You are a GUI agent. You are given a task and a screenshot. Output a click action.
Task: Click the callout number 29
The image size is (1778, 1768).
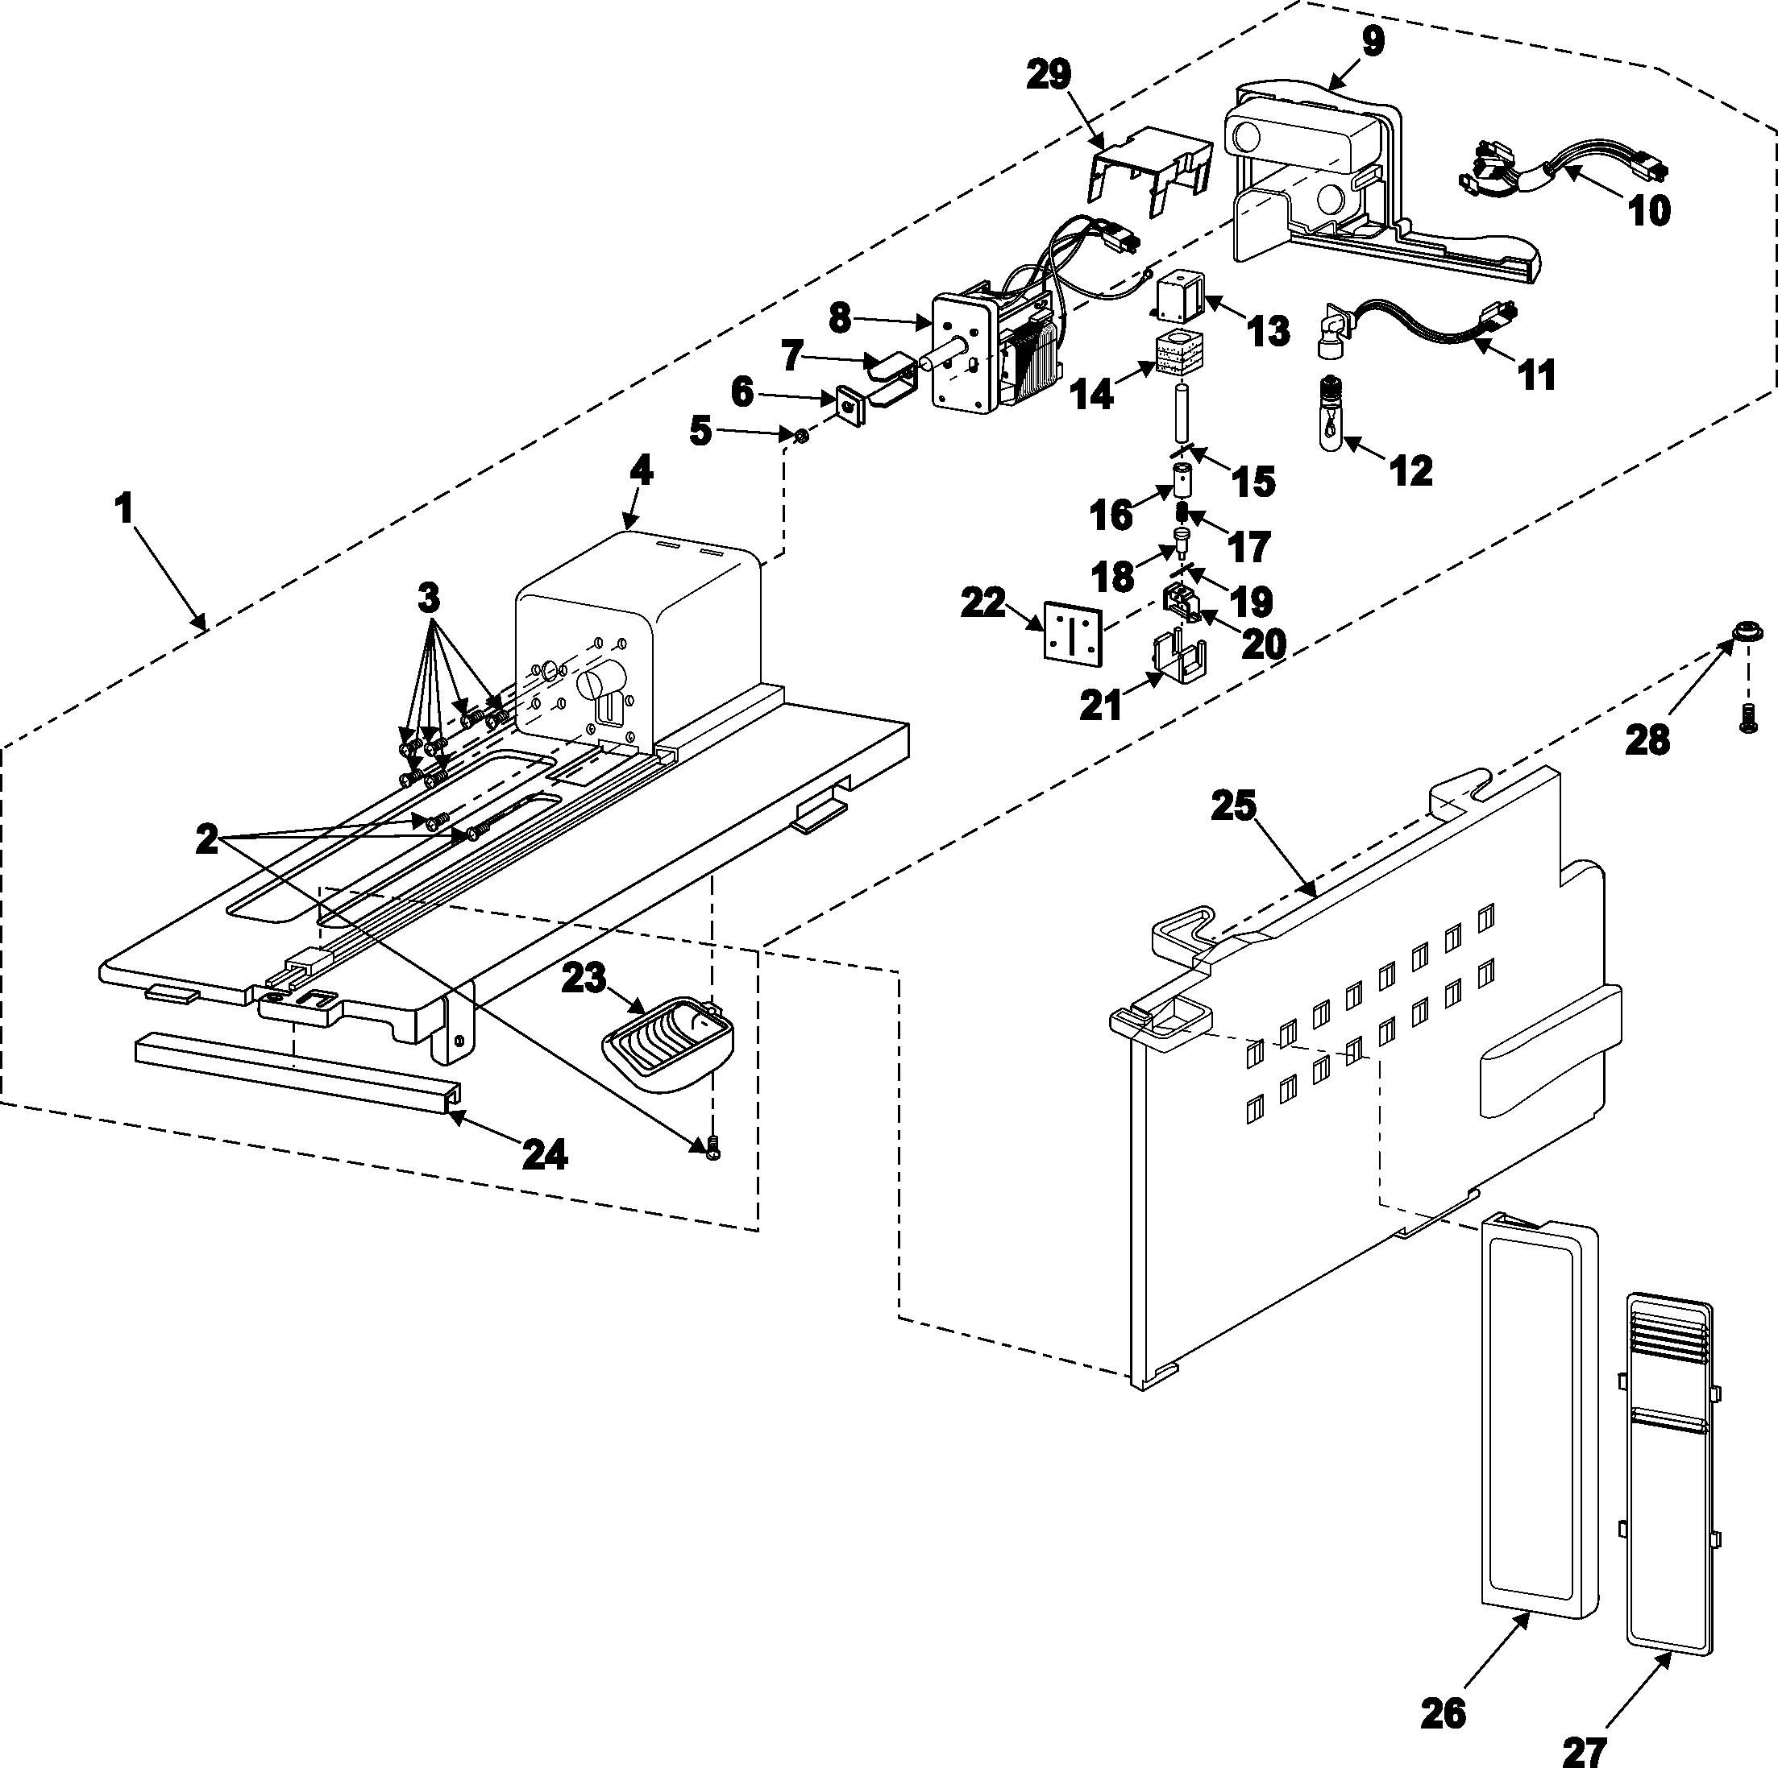(1049, 76)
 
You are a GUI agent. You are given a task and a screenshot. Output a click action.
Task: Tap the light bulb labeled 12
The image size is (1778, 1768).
(1331, 416)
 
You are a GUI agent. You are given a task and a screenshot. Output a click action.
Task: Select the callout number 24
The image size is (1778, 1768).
(544, 1154)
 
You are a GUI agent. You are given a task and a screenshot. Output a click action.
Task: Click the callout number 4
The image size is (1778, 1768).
(642, 470)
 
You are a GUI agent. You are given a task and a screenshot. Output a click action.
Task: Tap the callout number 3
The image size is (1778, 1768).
(429, 598)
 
